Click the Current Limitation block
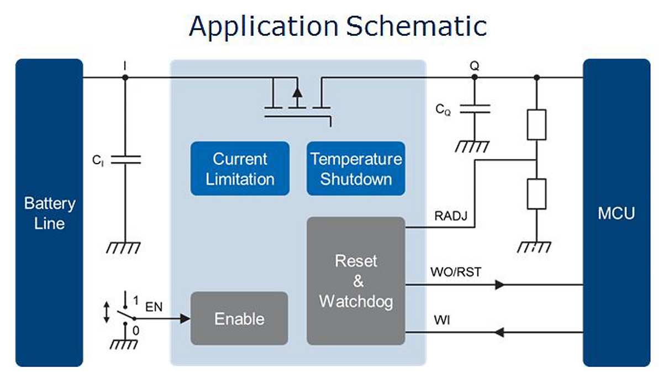point(240,169)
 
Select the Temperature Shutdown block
point(356,169)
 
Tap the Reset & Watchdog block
point(356,281)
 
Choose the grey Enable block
point(239,318)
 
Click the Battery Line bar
point(49,213)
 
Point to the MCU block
point(616,213)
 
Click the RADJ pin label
point(451,216)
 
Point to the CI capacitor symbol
point(125,160)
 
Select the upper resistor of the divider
point(536,124)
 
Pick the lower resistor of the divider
point(536,193)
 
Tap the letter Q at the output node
point(475,66)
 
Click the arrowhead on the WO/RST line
point(500,285)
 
